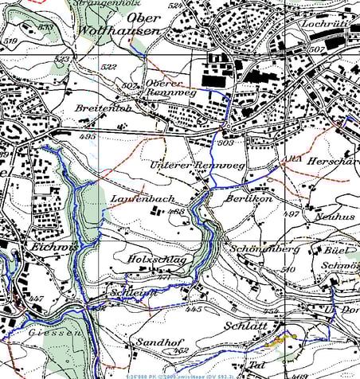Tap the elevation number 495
point(88,136)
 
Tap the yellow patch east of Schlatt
point(280,339)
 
